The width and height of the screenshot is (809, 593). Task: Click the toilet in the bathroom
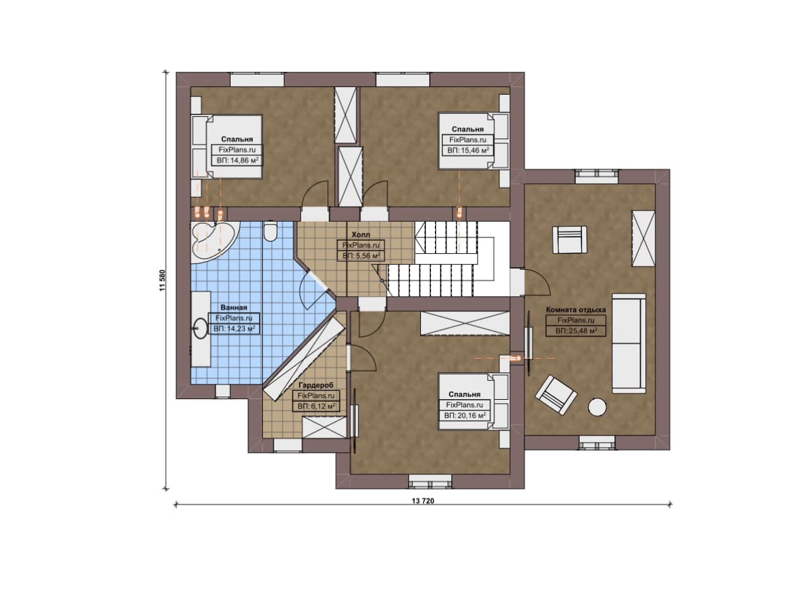(x=270, y=231)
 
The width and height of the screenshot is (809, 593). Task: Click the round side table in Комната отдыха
(x=597, y=407)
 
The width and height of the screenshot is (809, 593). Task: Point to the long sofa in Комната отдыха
(x=629, y=344)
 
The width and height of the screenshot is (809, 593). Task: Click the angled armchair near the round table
(x=556, y=395)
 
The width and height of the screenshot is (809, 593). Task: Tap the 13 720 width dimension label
(x=423, y=501)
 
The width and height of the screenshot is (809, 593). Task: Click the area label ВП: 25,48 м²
(x=576, y=331)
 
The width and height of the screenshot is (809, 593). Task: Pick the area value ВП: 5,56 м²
(x=361, y=256)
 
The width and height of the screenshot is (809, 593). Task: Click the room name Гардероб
(x=316, y=385)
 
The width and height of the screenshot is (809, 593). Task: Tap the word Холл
(x=361, y=234)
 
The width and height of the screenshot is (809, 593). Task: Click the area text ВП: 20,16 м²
(x=465, y=416)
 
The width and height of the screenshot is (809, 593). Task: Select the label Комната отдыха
(x=576, y=309)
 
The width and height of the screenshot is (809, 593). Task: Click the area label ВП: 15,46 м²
(x=468, y=150)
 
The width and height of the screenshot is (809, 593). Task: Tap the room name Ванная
(x=234, y=308)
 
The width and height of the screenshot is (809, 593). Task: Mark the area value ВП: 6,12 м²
(x=316, y=407)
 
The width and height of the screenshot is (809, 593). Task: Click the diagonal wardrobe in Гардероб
(x=304, y=359)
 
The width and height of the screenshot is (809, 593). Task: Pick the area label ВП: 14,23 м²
(x=234, y=329)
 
